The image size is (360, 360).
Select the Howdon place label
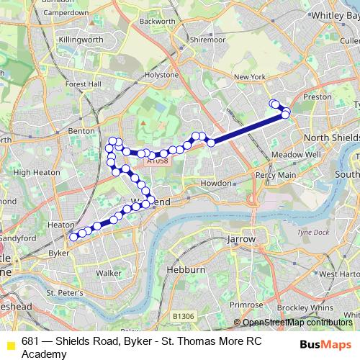pos(215,184)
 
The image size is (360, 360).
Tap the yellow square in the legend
pos(9,345)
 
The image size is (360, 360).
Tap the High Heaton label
pos(33,172)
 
